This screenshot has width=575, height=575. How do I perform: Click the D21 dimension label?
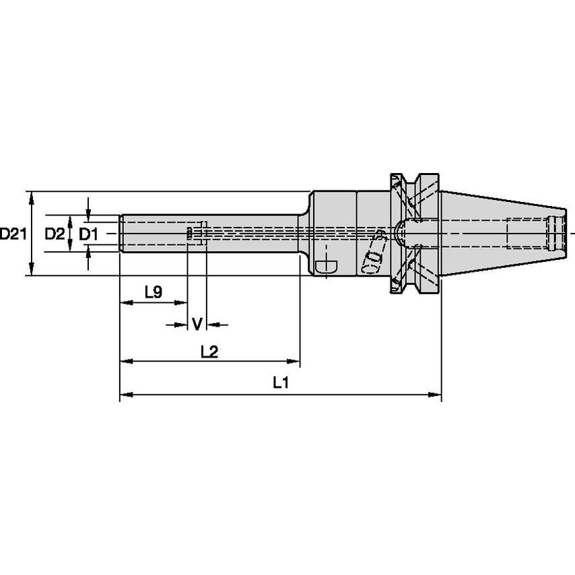[x=13, y=234]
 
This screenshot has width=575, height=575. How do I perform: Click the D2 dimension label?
[x=55, y=234]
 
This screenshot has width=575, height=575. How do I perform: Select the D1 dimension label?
[x=88, y=234]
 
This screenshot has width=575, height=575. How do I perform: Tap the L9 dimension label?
[x=153, y=292]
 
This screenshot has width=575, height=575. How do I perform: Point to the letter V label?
[x=197, y=325]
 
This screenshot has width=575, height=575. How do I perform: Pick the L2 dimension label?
[x=209, y=352]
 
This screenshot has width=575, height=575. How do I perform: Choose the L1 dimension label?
[x=280, y=383]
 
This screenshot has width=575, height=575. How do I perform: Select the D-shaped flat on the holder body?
[x=328, y=265]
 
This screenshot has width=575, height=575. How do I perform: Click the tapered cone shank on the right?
[x=498, y=233]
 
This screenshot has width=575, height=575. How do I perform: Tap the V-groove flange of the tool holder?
[x=413, y=233]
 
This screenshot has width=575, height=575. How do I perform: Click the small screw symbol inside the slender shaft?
[x=189, y=233]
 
